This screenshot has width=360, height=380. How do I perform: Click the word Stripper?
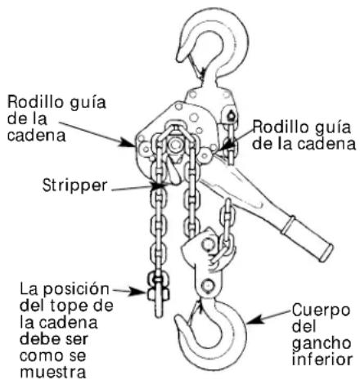pyautogui.click(x=74, y=186)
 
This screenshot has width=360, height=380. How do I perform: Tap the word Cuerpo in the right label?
pyautogui.click(x=321, y=311)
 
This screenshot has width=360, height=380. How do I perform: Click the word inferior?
pyautogui.click(x=322, y=360)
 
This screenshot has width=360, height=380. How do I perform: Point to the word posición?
pyautogui.click(x=76, y=290)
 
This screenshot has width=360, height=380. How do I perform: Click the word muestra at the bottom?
pyautogui.click(x=53, y=372)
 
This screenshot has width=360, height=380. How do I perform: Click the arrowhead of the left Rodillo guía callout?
pyautogui.click(x=128, y=142)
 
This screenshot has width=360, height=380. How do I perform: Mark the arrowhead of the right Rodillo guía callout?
pyautogui.click(x=224, y=146)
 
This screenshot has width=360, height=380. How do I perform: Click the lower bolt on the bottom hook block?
pyautogui.click(x=208, y=285)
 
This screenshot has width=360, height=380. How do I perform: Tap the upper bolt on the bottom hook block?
pyautogui.click(x=208, y=244)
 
